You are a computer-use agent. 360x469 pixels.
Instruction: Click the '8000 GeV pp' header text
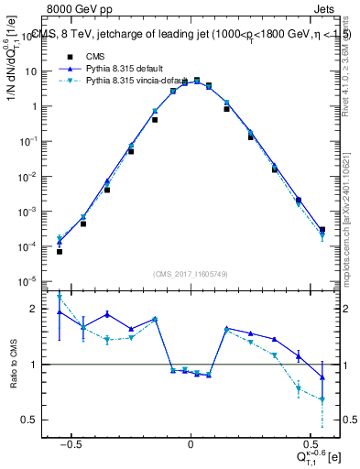76,8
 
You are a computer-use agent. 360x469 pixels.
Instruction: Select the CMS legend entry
95,55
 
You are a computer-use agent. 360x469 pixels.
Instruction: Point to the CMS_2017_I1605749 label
190,274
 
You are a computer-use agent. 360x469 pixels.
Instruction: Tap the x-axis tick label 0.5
309,442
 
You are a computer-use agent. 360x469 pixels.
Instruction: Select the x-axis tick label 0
190,442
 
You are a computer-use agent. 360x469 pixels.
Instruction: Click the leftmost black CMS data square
60,251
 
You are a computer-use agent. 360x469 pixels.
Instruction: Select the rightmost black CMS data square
322,230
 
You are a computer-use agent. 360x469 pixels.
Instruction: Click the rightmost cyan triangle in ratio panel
322,399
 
